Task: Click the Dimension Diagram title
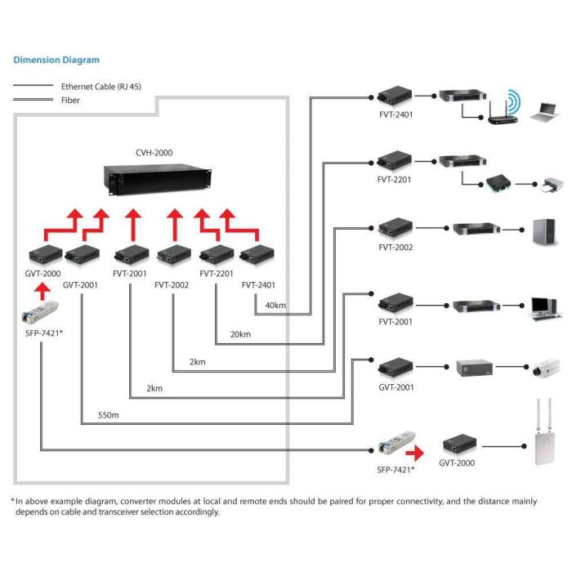point(56,60)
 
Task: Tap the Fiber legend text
point(71,101)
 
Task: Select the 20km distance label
point(239,334)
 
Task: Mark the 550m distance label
point(109,415)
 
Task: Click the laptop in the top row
point(543,111)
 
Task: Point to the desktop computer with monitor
point(544,305)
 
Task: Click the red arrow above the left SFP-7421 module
point(38,292)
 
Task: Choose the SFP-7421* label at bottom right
point(395,470)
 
